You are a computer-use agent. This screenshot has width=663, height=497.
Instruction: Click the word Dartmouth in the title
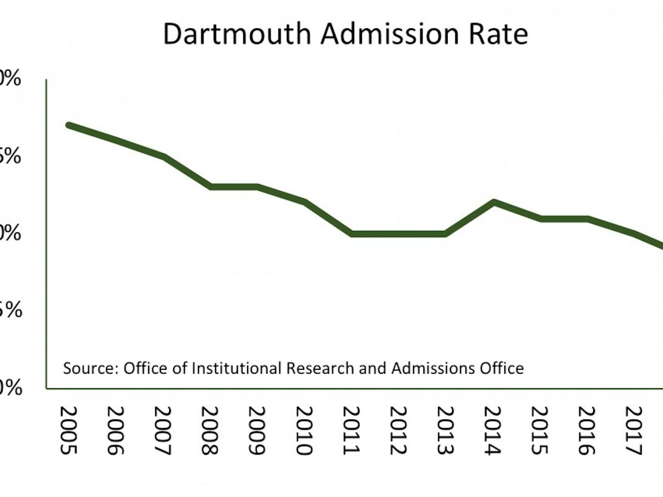pyautogui.click(x=237, y=34)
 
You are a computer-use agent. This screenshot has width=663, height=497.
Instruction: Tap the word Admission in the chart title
pyautogui.click(x=390, y=34)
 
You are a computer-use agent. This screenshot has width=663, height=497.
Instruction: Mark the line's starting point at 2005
pyautogui.click(x=69, y=125)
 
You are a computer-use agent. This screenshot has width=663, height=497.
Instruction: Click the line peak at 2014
pyautogui.click(x=494, y=202)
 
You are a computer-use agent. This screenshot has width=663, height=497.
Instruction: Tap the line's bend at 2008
pyautogui.click(x=211, y=187)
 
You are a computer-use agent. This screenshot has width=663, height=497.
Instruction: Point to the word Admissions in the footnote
pyautogui.click(x=433, y=368)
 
